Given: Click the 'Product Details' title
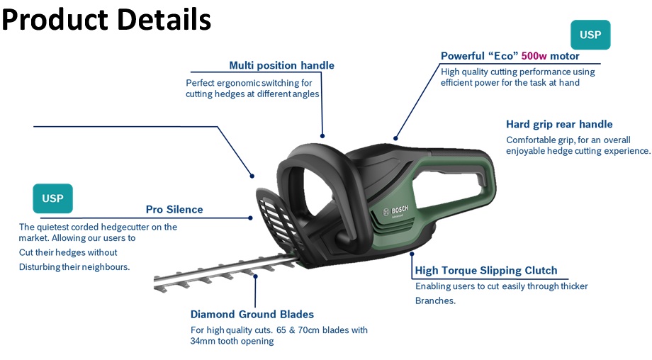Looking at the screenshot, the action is [106, 20].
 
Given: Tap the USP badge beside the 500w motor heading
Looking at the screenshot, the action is [590, 35].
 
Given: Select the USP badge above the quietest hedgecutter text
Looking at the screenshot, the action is [53, 198].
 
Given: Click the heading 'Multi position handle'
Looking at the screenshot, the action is [281, 66].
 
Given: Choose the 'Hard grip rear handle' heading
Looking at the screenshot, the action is [559, 124].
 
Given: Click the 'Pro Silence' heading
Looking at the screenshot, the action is [174, 210].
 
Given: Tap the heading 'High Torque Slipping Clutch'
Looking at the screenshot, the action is [485, 271].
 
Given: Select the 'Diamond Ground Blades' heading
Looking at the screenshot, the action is [252, 314].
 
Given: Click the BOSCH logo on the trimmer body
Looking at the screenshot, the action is [396, 210].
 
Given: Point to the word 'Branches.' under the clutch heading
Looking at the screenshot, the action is [435, 300].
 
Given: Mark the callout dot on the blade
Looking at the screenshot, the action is [255, 276].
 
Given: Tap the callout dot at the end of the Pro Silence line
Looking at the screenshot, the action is [250, 218].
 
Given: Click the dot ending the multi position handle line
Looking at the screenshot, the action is [322, 136].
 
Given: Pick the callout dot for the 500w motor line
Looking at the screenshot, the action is [395, 138].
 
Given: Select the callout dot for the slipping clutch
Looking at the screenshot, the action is [412, 254].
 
